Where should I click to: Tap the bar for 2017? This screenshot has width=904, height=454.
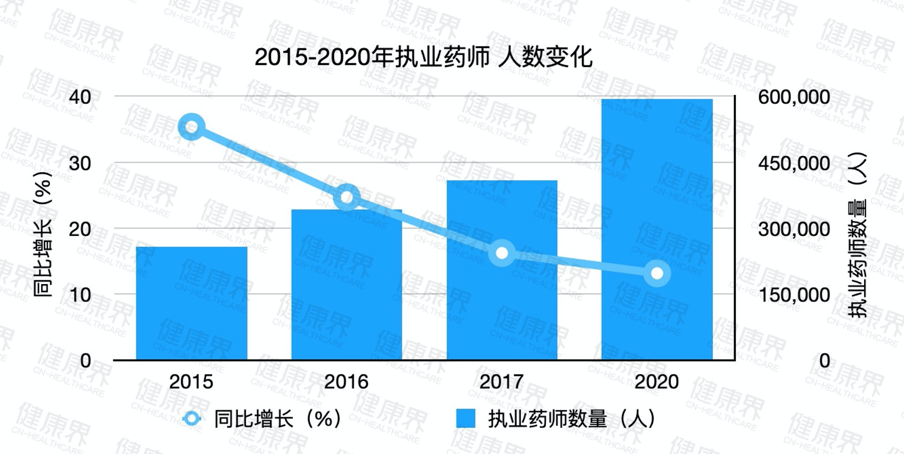502,270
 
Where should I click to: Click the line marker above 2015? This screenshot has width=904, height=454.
192,128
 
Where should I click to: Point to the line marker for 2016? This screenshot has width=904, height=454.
347,198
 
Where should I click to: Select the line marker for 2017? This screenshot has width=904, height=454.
502,253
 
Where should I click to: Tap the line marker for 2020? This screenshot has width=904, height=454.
657,273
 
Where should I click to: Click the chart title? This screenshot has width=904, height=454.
424,57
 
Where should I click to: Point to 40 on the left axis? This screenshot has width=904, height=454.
80,97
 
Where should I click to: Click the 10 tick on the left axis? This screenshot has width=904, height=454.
80,295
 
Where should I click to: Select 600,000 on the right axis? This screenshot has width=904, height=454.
794,97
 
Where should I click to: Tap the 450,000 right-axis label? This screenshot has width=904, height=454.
794,163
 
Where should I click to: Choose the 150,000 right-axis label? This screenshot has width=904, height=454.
794,295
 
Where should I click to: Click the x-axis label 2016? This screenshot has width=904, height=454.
346,382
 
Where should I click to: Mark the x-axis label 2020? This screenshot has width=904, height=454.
657,382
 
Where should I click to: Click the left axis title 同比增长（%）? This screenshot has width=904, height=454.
43,234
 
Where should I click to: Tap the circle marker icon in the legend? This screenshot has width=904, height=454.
192,419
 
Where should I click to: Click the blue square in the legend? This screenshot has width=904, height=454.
465,419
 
